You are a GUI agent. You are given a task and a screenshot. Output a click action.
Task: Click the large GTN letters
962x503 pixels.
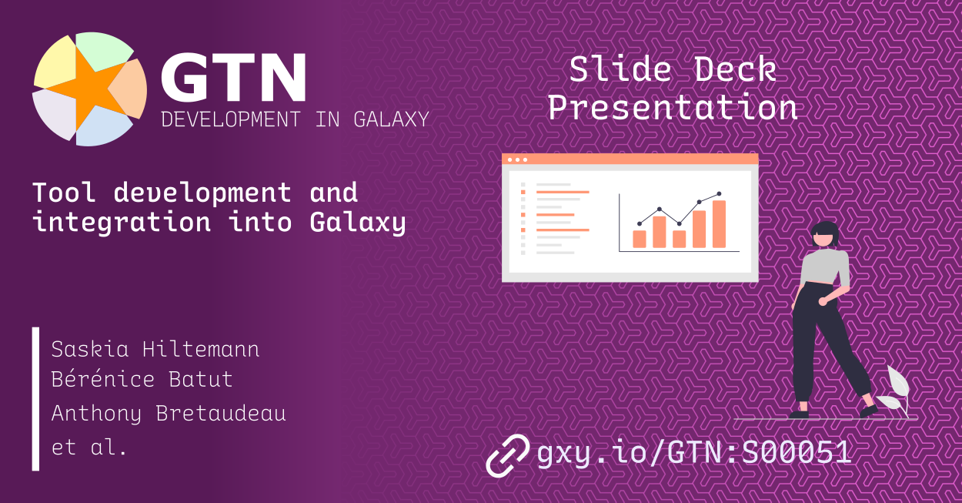click(232, 79)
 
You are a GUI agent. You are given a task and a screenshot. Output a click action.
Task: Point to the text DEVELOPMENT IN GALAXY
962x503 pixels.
click(294, 119)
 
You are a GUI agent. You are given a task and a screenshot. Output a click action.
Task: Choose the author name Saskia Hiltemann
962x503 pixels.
click(155, 350)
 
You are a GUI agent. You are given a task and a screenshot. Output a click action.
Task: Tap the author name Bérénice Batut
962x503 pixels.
click(142, 380)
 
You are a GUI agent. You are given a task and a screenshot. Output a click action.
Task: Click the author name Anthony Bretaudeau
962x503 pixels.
click(169, 414)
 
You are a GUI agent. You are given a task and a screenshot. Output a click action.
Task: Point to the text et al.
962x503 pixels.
click(89, 447)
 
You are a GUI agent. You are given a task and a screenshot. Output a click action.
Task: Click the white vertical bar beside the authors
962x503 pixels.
click(35, 398)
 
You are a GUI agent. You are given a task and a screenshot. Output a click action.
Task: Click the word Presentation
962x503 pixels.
click(672, 107)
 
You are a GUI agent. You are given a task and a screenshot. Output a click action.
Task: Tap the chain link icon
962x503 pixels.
click(507, 454)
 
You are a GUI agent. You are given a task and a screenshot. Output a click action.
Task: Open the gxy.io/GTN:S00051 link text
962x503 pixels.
click(693, 453)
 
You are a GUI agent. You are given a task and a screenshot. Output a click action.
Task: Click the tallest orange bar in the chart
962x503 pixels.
click(719, 224)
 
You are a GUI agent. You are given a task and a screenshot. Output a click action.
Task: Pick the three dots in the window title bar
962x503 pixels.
click(516, 159)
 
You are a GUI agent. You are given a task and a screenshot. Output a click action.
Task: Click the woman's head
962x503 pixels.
click(825, 234)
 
